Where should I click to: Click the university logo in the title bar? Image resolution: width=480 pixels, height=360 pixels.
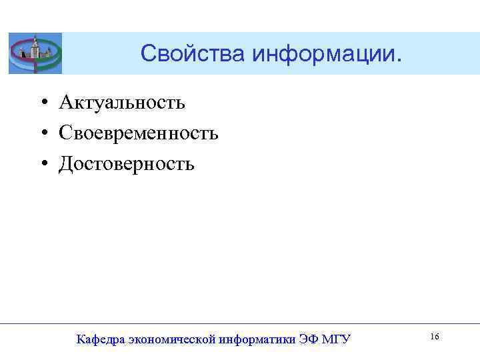coord(35,53)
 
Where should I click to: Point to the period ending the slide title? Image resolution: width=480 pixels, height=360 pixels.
coord(400,61)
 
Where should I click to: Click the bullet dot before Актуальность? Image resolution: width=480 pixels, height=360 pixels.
coord(42,103)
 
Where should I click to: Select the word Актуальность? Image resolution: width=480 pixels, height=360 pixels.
coord(122,103)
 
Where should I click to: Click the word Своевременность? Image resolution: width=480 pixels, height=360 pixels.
coord(139,133)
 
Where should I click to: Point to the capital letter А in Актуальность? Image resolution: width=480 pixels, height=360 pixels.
coord(65,103)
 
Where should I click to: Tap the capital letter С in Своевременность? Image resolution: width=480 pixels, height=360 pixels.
coord(65,133)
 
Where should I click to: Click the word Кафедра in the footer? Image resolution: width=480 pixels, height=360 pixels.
coord(99,339)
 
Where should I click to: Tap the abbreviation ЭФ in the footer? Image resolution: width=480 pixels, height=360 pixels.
coord(309,339)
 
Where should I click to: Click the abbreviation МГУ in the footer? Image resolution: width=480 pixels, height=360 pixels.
coord(337,339)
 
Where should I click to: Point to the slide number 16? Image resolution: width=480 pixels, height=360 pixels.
coord(434,337)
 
